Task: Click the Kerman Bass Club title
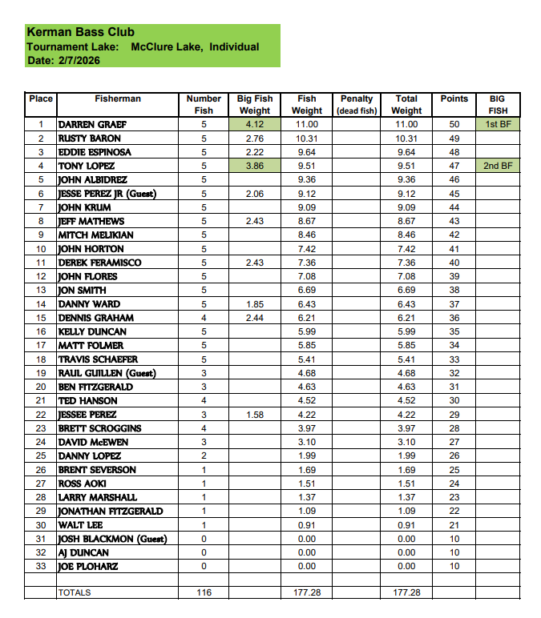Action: (81, 33)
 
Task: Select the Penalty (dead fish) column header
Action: (357, 104)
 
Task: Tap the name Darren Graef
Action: (92, 125)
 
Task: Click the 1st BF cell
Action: (498, 125)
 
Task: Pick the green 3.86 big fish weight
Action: (254, 167)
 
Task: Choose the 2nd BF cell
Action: (498, 167)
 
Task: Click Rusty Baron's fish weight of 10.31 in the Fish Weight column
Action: (306, 138)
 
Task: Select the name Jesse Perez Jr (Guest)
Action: (107, 194)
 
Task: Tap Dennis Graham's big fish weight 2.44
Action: (254, 318)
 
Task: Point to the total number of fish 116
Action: (204, 593)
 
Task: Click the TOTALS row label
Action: (75, 593)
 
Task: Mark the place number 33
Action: (40, 567)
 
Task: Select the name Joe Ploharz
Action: (87, 567)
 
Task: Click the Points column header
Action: (454, 99)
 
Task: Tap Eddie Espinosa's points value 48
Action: (454, 152)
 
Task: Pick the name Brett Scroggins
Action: (99, 428)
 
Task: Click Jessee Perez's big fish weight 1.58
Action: (254, 415)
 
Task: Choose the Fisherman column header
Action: (118, 99)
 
